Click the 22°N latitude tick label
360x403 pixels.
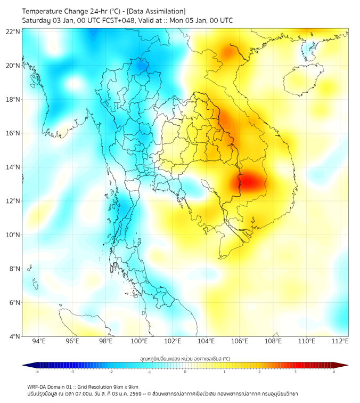pyautogui.click(x=13, y=31)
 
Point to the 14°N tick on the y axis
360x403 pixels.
pyautogui.click(x=13, y=167)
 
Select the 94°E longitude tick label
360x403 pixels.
pyautogui.click(x=39, y=341)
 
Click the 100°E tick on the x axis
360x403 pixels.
pyautogui.click(x=140, y=341)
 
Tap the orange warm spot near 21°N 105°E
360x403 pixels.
pyautogui.click(x=230, y=52)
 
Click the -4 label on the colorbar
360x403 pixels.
pyautogui.click(x=37, y=372)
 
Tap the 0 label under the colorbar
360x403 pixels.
pyautogui.click(x=185, y=372)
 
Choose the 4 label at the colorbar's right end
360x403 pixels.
pyautogui.click(x=334, y=372)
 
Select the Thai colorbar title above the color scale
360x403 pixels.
pyautogui.click(x=185, y=358)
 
